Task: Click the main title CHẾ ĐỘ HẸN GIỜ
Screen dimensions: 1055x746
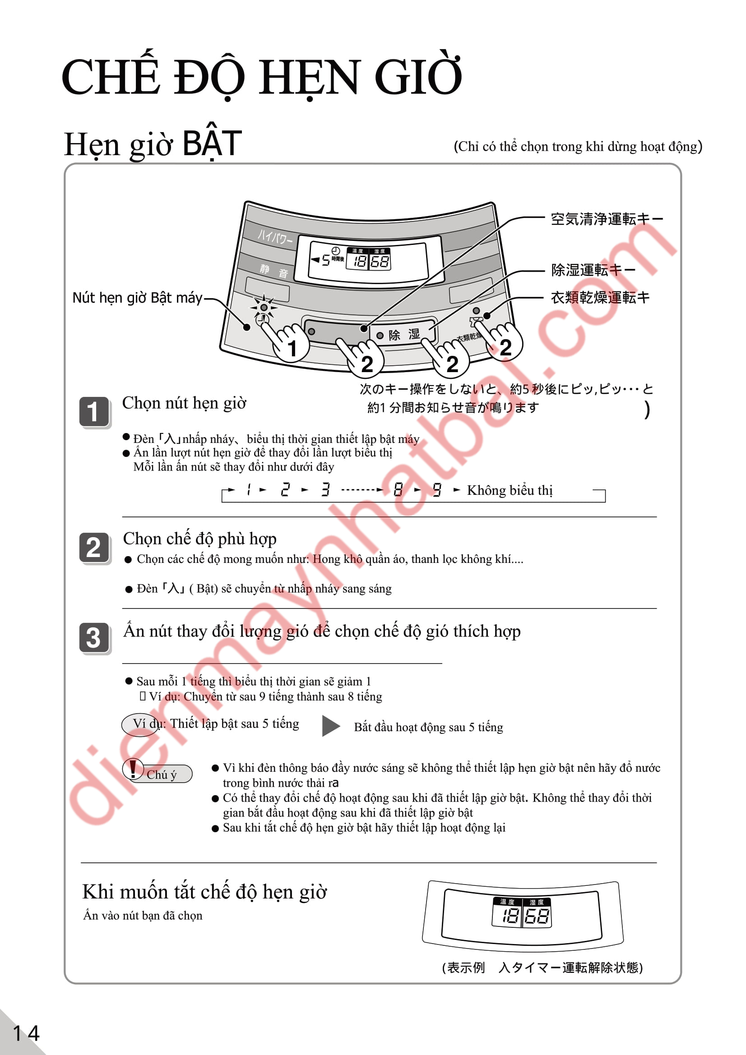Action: [x=262, y=76]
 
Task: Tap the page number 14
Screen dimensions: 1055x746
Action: [x=26, y=1033]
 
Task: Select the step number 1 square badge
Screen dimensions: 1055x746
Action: [x=94, y=412]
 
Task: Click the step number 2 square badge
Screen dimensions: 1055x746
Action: [x=94, y=547]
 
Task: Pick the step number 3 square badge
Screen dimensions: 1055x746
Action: [x=94, y=637]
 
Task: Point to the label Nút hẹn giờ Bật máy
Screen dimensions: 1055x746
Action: [x=137, y=298]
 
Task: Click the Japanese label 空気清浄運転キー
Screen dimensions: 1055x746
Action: [x=606, y=219]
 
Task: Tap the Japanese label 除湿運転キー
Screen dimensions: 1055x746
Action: [x=593, y=270]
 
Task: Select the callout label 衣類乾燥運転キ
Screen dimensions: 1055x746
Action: [x=600, y=297]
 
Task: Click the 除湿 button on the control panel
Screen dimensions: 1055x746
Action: [x=403, y=334]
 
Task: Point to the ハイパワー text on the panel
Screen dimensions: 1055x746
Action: [x=274, y=237]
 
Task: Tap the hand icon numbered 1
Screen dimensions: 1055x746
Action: [x=287, y=342]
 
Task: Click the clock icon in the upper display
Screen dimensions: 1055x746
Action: [x=336, y=251]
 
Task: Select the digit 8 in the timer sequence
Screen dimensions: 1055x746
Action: [x=398, y=490]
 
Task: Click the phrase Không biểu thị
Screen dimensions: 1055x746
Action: [x=509, y=490]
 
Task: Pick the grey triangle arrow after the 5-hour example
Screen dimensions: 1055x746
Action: [x=330, y=726]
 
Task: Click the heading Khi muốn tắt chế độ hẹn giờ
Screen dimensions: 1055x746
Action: [x=204, y=892]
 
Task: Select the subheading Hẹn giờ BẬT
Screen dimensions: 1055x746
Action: [x=153, y=144]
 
